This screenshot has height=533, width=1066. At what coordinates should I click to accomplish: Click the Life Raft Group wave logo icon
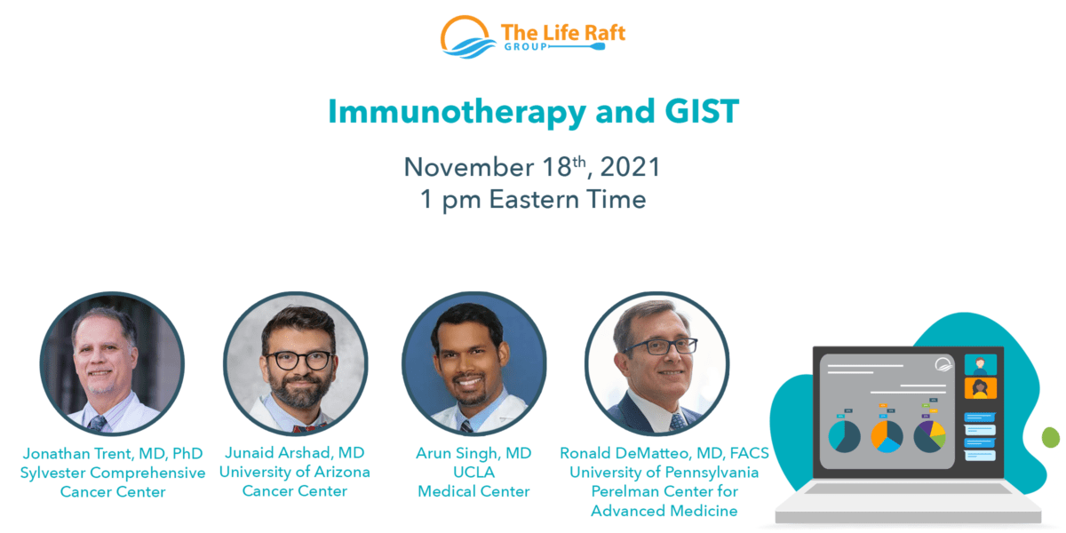point(468,37)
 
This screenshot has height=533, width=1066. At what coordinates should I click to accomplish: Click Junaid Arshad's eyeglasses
point(298,360)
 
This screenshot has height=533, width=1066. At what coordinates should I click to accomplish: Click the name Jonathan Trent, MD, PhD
point(112,454)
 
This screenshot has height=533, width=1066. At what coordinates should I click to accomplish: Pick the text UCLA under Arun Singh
point(473,473)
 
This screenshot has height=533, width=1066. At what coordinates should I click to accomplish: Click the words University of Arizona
point(295,473)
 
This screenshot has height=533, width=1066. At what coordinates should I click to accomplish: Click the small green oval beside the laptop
point(1050,437)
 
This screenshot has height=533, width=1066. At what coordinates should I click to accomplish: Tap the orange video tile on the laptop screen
point(980,387)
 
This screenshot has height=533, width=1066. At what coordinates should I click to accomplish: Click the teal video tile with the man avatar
point(980,364)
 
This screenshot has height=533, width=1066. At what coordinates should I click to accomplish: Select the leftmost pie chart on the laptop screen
point(844,437)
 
